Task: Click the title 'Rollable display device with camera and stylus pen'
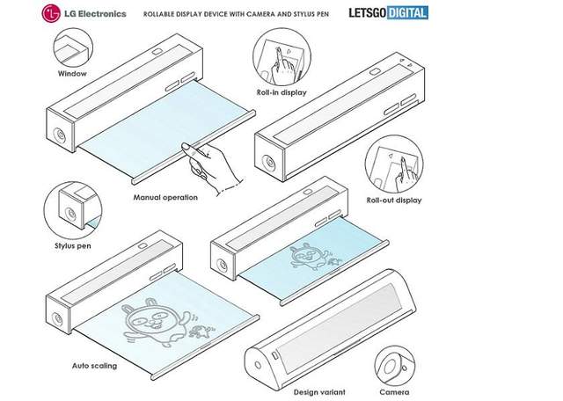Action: point(242,13)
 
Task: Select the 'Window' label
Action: point(71,74)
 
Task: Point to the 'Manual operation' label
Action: point(165,197)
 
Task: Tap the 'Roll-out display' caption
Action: point(395,200)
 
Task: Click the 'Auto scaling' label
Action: point(92,363)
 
